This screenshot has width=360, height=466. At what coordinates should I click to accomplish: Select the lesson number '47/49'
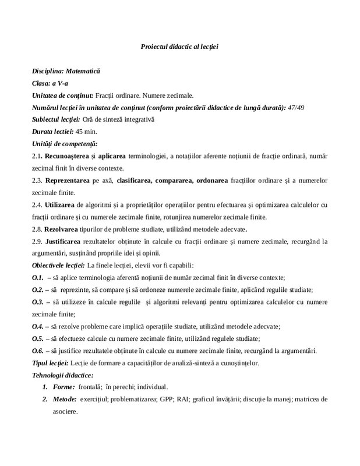coord(299,107)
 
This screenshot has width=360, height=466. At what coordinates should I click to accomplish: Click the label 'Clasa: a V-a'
coord(50,83)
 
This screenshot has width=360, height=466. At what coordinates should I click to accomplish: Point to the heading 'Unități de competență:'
coord(65,143)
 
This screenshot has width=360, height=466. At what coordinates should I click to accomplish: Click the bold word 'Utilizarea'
coord(59,205)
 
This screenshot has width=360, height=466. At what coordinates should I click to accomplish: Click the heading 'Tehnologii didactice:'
coord(62,375)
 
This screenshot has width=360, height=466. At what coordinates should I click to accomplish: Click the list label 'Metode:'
coord(64,399)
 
